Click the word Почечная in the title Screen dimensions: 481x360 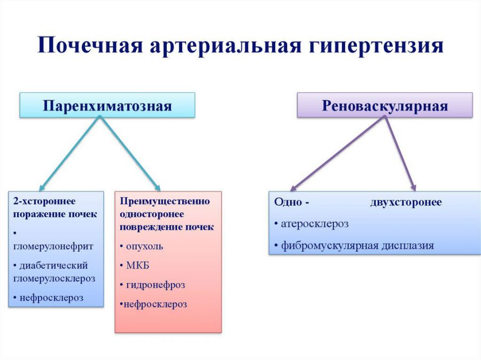click(x=90, y=45)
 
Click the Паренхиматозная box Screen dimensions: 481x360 click(x=107, y=105)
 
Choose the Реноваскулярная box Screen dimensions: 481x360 click(x=385, y=105)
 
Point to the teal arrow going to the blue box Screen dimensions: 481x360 click(x=69, y=153)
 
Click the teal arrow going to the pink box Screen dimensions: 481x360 click(x=130, y=153)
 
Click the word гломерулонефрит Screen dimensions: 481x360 click(x=53, y=246)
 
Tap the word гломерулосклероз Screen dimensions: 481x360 click(x=55, y=278)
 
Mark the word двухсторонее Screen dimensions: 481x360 click(x=406, y=202)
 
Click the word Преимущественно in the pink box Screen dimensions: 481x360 click(x=165, y=201)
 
